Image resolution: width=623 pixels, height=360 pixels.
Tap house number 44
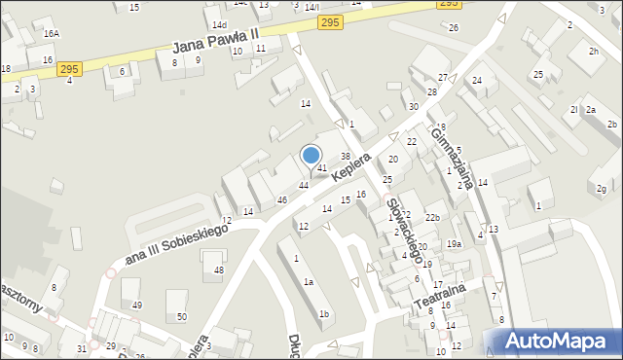[304, 185]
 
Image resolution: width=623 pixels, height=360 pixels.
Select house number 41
[321, 168]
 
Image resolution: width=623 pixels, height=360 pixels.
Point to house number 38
[345, 156]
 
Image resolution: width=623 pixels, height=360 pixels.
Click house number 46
[282, 199]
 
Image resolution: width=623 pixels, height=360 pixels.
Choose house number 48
[218, 270]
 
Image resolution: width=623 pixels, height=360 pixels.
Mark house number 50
[181, 317]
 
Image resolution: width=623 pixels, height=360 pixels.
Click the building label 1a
[309, 281]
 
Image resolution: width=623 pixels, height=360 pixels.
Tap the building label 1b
[324, 313]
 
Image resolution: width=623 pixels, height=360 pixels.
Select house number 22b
[431, 217]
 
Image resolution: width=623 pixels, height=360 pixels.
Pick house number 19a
[454, 243]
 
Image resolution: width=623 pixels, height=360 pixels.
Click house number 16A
[51, 33]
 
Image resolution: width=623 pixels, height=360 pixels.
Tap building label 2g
[603, 188]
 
